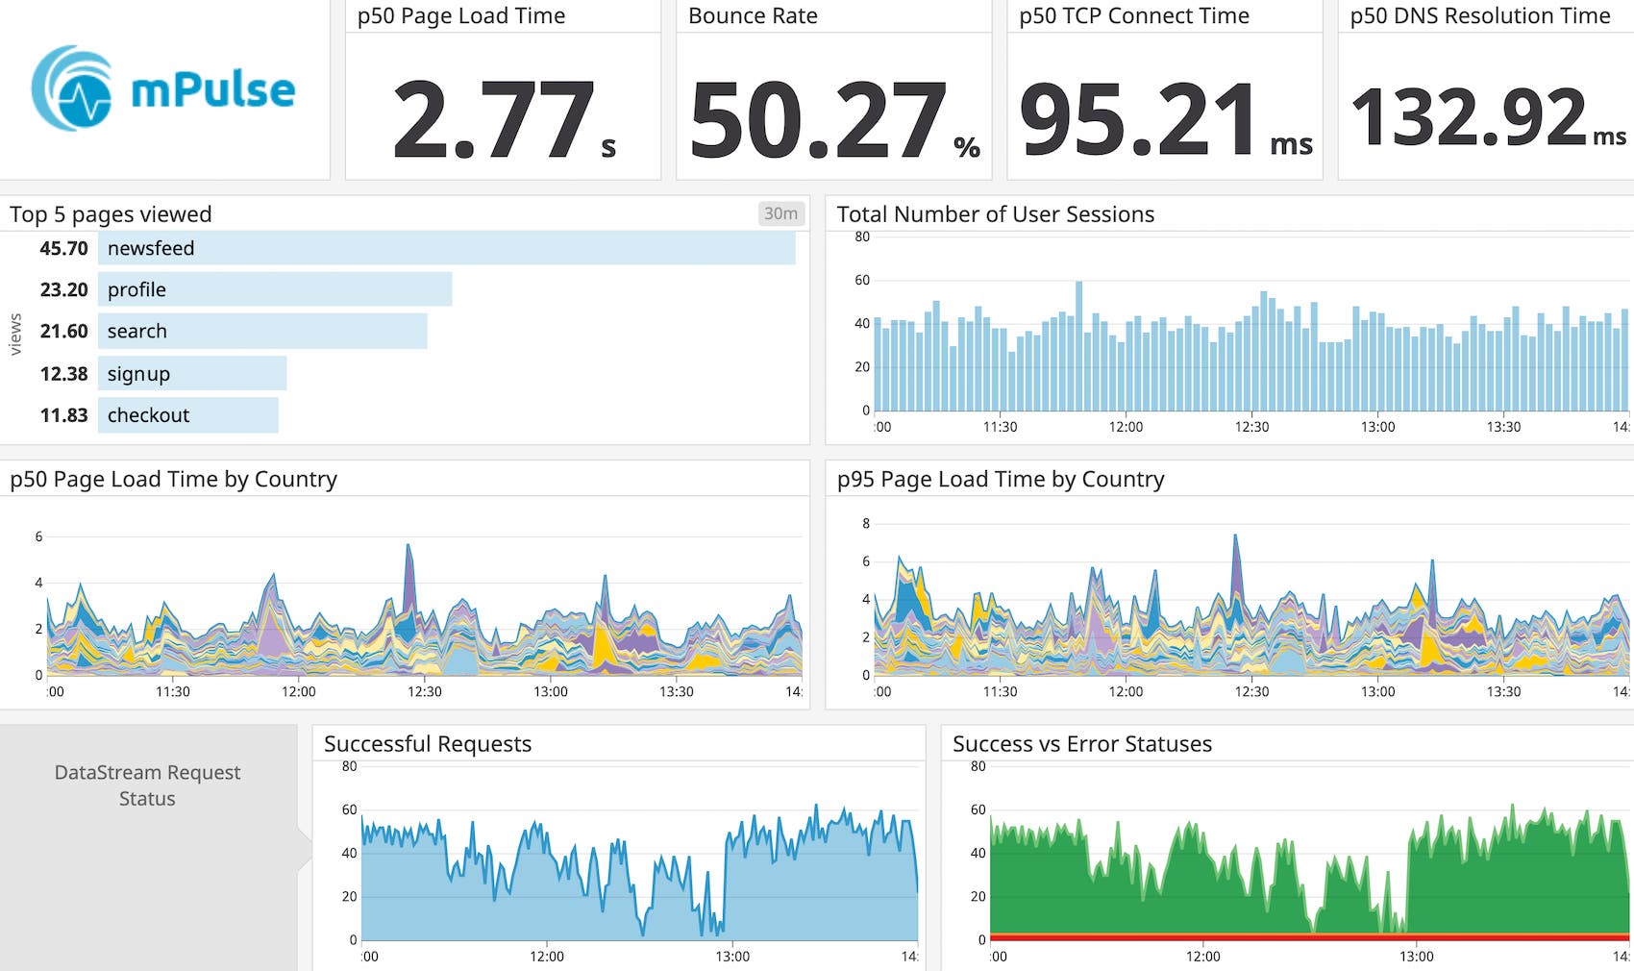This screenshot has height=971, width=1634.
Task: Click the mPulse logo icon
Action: [72, 88]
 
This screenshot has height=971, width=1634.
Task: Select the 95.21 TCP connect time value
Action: [1139, 119]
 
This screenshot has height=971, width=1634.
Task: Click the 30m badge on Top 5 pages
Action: [780, 213]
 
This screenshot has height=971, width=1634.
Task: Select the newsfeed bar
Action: [447, 248]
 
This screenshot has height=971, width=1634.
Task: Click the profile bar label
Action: [136, 289]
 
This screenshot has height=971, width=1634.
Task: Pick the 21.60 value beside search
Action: [63, 331]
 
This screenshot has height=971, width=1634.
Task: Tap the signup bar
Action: [192, 373]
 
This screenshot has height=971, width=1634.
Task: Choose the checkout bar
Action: [188, 415]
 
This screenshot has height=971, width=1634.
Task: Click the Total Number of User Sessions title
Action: [995, 214]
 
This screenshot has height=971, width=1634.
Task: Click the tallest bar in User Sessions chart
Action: [1079, 346]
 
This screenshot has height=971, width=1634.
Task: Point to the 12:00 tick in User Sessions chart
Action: [1126, 427]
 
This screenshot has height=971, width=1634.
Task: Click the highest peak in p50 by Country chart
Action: [408, 548]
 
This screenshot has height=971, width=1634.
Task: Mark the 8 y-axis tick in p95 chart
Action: [866, 524]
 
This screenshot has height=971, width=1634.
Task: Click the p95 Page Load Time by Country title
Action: [1000, 479]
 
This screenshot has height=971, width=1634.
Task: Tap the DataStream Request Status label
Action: [147, 785]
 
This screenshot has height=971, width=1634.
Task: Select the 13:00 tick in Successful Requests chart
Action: [732, 957]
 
